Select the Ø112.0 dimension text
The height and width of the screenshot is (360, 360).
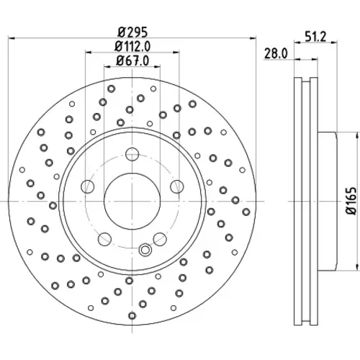[x=132, y=46]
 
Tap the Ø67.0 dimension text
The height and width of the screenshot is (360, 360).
[x=132, y=60]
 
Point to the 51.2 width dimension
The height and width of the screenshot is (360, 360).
[x=315, y=37]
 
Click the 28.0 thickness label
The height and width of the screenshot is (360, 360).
[x=276, y=53]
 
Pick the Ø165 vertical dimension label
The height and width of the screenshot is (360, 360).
[x=351, y=201]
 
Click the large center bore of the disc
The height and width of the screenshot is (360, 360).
[x=132, y=201]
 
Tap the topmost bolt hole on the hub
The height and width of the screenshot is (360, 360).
[x=132, y=154]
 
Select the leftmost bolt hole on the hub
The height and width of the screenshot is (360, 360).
[x=88, y=186]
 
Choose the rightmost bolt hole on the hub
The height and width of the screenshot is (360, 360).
[x=177, y=186]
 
